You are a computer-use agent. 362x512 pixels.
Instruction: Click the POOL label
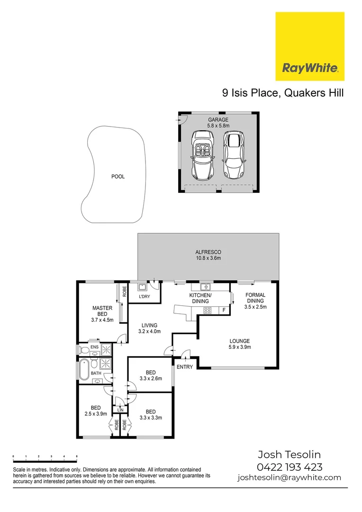pyautogui.click(x=118, y=177)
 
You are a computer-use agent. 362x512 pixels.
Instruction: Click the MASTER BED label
pyautogui.click(x=102, y=311)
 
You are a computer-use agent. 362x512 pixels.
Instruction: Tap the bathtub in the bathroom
pyautogui.click(x=84, y=370)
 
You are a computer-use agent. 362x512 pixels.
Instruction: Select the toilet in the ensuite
pyautogui.click(x=84, y=350)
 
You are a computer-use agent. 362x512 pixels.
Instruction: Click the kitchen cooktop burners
pyautogui.click(x=208, y=311)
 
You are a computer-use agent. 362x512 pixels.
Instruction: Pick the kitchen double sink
pyautogui.click(x=205, y=287)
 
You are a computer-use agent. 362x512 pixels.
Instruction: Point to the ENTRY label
pyautogui.click(x=184, y=367)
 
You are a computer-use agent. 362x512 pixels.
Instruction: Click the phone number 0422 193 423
pyautogui.click(x=290, y=466)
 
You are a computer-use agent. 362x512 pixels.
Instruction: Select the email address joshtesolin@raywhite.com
pyautogui.click(x=289, y=477)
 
